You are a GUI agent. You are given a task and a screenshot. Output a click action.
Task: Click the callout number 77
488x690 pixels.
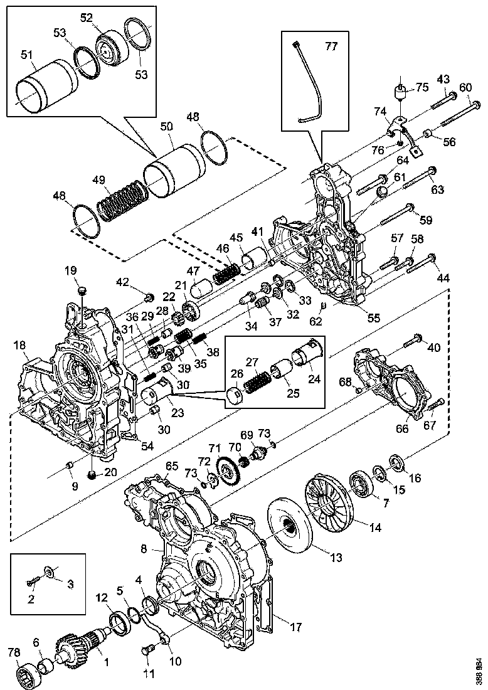click(x=331, y=46)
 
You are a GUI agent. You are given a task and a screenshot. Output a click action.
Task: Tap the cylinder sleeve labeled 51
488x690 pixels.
click(x=45, y=85)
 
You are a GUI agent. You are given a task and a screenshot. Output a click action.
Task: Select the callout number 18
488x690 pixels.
click(x=19, y=345)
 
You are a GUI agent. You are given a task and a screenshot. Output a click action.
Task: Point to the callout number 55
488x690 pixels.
click(x=373, y=318)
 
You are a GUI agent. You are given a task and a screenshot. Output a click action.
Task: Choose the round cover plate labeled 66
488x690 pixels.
click(x=400, y=393)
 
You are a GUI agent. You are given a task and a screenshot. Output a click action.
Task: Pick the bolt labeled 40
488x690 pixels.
click(x=411, y=342)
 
